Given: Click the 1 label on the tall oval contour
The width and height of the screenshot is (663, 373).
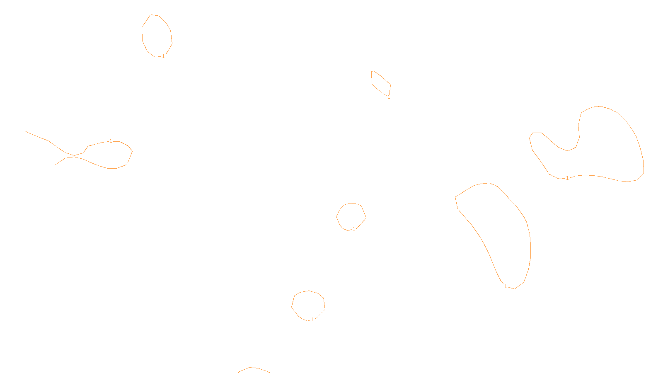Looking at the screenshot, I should pyautogui.click(x=163, y=56).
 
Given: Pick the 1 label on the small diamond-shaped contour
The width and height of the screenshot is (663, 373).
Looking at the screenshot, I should pyautogui.click(x=389, y=97).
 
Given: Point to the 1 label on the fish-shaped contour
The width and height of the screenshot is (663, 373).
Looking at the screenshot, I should pyautogui.click(x=111, y=141).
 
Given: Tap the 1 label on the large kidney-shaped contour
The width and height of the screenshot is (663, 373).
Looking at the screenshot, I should pyautogui.click(x=567, y=178).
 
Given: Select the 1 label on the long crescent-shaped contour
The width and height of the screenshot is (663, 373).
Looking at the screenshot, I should pyautogui.click(x=506, y=286).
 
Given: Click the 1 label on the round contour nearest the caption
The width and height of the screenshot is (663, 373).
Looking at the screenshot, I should pyautogui.click(x=312, y=320).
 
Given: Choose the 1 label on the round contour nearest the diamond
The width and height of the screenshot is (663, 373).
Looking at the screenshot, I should pyautogui.click(x=354, y=229).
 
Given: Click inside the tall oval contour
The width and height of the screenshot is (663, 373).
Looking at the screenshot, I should pyautogui.click(x=157, y=36).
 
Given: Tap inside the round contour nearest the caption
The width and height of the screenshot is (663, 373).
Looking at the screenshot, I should pyautogui.click(x=308, y=305).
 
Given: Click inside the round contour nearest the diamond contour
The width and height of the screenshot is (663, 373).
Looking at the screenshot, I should pyautogui.click(x=351, y=216).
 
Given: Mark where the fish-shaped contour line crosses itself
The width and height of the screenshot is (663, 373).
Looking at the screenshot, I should pyautogui.click(x=75, y=156).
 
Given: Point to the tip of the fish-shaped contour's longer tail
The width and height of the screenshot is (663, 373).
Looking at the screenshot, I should pyautogui.click(x=25, y=131).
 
